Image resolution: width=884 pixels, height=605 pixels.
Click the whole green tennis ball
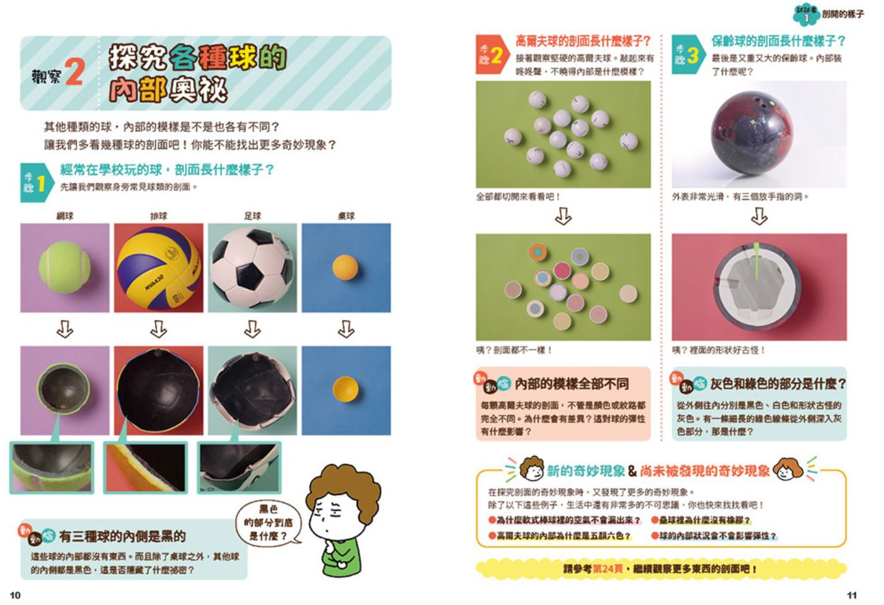point(65,267)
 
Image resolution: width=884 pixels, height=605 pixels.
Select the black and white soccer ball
point(251,267)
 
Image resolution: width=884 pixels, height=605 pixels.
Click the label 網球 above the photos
point(65,216)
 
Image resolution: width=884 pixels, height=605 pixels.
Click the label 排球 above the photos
point(158,216)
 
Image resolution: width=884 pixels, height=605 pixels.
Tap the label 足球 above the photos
point(252,216)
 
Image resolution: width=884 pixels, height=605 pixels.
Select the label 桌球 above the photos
point(346,216)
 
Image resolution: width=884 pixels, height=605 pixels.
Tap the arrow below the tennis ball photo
point(65,329)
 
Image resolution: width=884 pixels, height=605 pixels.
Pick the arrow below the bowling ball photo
point(759,217)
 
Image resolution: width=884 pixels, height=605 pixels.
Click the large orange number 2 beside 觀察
point(74,72)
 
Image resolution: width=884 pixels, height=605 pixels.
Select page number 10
point(15,595)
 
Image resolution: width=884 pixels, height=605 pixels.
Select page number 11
point(851,595)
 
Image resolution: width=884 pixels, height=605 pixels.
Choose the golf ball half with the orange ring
point(538,252)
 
